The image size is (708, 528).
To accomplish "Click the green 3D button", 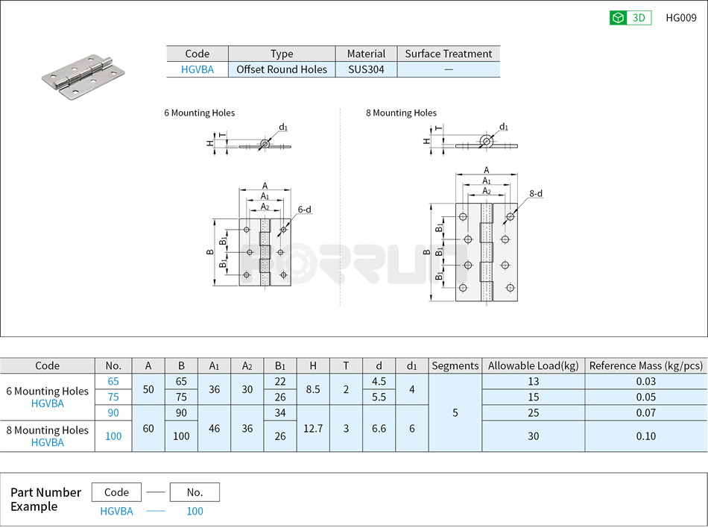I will [x=630, y=18].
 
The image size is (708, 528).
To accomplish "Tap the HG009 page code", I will [x=681, y=18].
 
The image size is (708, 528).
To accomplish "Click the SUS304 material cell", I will [x=366, y=69].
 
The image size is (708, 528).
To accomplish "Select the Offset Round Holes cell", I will [x=282, y=69].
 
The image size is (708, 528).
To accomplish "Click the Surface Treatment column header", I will [x=448, y=54].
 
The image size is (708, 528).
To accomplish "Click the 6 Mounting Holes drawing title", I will [x=199, y=113].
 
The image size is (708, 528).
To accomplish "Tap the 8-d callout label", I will [x=536, y=193].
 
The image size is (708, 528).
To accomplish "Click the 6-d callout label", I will [x=304, y=210].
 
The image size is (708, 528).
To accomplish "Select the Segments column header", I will [x=455, y=365].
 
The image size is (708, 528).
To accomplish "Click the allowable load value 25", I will [x=533, y=412].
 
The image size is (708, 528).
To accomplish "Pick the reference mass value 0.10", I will [x=645, y=436].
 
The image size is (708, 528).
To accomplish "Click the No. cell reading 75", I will [x=113, y=397].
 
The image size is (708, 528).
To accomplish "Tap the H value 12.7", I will [x=313, y=428].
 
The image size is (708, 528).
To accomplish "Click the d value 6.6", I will [x=379, y=428].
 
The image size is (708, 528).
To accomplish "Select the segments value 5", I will [x=455, y=412].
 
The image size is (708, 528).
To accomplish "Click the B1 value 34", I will [x=280, y=412].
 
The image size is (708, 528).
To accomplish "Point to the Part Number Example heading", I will [x=45, y=499].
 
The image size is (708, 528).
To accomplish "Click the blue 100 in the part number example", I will [x=195, y=511].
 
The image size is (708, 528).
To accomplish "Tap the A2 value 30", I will [x=247, y=389].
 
